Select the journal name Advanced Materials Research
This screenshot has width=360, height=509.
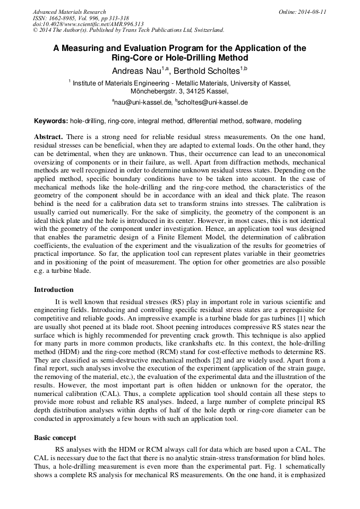70,12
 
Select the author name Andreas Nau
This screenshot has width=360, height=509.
136,71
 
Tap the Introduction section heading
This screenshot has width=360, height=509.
54,289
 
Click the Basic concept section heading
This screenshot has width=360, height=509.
55,438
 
